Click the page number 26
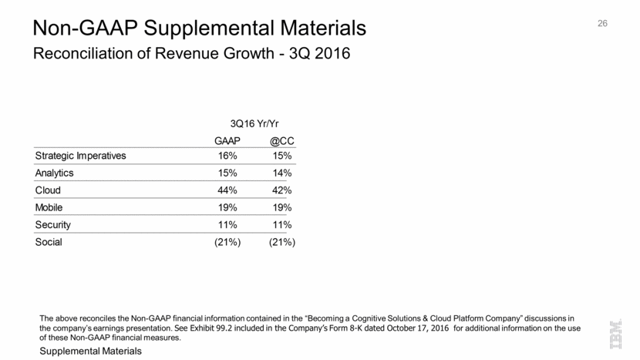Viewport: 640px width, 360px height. point(603,24)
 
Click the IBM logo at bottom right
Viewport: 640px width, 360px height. point(618,336)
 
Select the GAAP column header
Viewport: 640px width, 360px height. point(227,141)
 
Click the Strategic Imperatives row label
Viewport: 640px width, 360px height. point(80,156)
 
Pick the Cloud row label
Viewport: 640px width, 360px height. point(48,190)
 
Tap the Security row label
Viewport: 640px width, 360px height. point(53,224)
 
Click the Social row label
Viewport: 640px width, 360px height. point(49,242)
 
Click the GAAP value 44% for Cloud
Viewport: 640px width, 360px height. point(229,190)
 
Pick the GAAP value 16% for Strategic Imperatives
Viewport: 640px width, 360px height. point(229,156)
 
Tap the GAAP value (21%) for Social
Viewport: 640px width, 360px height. point(227,242)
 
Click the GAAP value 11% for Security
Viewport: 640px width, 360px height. point(229,224)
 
